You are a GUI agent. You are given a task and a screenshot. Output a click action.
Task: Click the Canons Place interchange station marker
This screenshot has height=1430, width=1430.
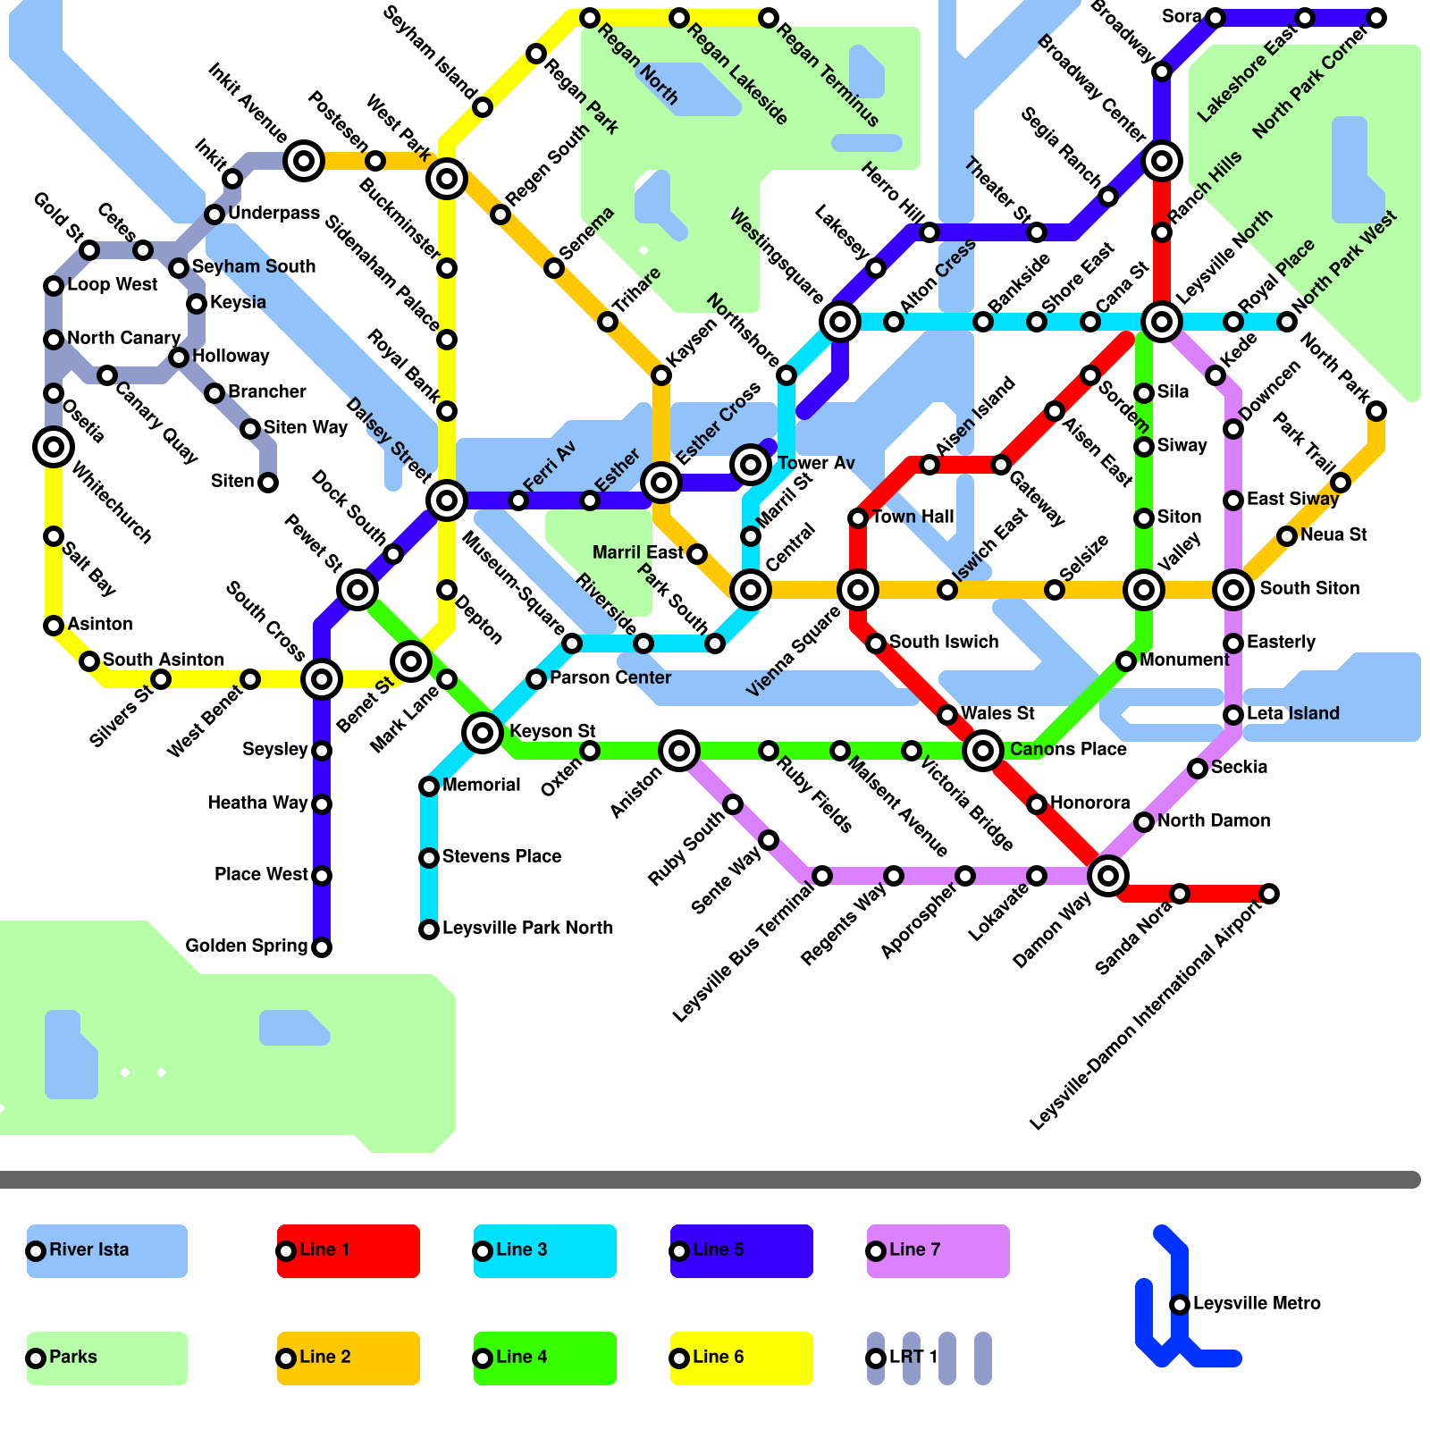click(x=983, y=751)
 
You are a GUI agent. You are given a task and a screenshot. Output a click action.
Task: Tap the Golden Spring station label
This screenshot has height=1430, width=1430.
click(x=246, y=946)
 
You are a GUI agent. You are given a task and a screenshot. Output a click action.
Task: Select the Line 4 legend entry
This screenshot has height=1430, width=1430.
click(x=544, y=1358)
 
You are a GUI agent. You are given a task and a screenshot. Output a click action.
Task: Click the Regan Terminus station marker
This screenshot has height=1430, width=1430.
click(x=769, y=18)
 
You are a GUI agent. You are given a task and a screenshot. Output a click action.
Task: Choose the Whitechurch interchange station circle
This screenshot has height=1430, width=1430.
click(x=54, y=447)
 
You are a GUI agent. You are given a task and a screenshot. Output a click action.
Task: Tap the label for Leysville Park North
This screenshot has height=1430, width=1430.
click(x=527, y=928)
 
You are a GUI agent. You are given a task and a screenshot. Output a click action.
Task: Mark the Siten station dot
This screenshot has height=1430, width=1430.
click(x=268, y=483)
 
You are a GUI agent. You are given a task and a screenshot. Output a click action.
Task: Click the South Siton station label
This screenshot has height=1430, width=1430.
click(x=1309, y=588)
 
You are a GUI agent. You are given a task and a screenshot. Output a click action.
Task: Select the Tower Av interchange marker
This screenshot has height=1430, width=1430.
click(x=751, y=465)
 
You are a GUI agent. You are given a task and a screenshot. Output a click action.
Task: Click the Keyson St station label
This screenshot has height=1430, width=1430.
click(x=552, y=731)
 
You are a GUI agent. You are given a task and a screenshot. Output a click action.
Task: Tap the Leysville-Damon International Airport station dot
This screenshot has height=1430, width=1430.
click(x=1269, y=894)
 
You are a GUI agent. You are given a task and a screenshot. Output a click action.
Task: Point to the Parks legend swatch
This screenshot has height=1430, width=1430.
click(x=106, y=1358)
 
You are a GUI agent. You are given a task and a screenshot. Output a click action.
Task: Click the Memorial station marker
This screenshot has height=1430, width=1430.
click(x=429, y=786)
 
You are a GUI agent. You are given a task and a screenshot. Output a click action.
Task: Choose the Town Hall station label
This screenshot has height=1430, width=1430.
click(x=913, y=517)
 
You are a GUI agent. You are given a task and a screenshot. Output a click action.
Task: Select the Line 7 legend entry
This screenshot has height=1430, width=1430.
click(x=938, y=1250)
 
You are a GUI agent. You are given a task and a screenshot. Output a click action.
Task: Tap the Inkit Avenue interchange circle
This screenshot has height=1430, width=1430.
click(x=304, y=161)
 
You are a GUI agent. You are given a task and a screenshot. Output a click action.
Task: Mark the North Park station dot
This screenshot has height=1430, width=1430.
click(x=1376, y=411)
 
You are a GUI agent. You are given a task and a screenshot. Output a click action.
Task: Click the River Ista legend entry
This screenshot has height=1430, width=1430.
click(x=106, y=1250)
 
